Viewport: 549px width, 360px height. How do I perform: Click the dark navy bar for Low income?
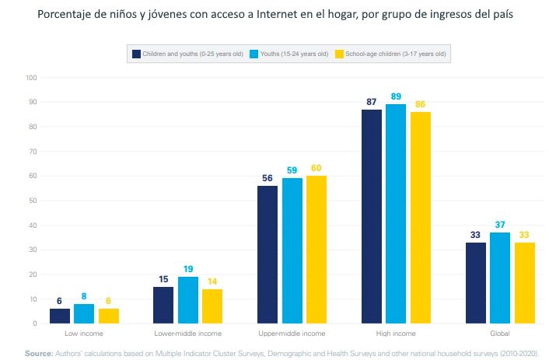point(59,316)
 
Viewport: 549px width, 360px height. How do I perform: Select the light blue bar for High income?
point(397,214)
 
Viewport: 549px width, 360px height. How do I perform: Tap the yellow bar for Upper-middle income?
point(317,250)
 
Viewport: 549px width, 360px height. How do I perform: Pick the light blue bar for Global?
point(501,278)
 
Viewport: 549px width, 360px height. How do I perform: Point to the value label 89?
point(397,96)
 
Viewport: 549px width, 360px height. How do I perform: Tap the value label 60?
point(317,168)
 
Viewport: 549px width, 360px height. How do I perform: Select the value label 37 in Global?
point(501,225)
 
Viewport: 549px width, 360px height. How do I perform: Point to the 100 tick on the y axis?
point(31,78)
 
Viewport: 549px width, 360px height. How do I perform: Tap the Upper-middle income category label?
point(292,334)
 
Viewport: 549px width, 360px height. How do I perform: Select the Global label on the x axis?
point(500,334)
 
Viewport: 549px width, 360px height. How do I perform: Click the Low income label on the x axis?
point(83,334)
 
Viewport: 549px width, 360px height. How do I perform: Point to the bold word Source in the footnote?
point(38,353)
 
